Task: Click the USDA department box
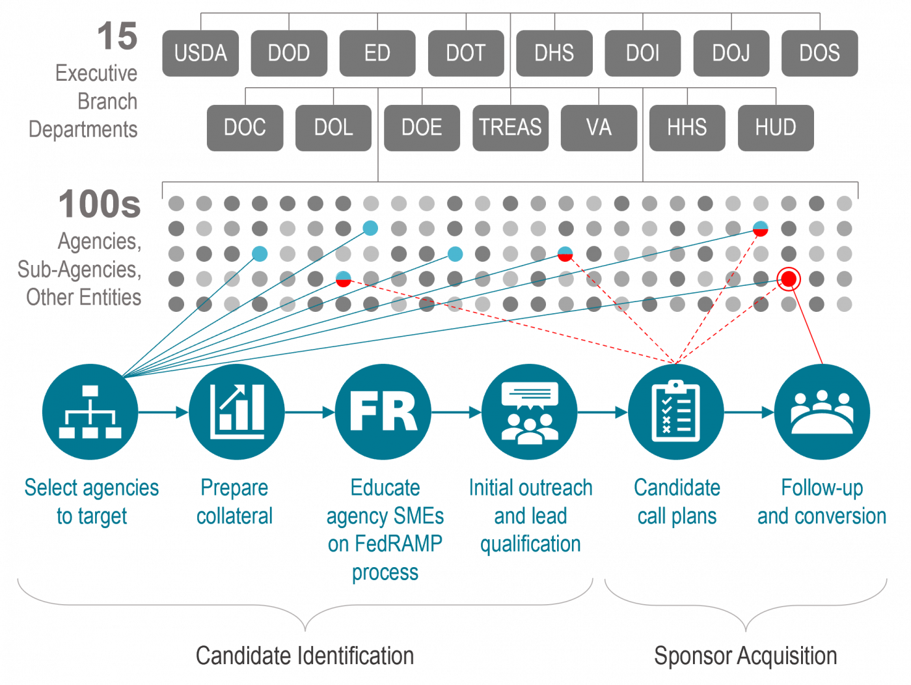point(200,53)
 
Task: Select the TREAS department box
point(510,128)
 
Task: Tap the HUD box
point(776,128)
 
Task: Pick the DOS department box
point(819,53)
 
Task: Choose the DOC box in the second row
point(245,128)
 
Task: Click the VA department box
point(599,128)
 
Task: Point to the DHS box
point(554,53)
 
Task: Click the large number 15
point(117,36)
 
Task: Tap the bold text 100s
point(100,204)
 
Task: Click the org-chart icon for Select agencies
point(90,412)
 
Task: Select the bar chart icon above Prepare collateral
point(236,412)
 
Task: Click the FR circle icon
point(383,412)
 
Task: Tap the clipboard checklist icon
point(676,412)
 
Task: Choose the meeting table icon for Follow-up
point(822,412)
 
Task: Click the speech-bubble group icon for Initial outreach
point(530,412)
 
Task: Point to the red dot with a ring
point(789,279)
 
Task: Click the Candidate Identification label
point(305,656)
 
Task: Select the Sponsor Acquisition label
point(745,656)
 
